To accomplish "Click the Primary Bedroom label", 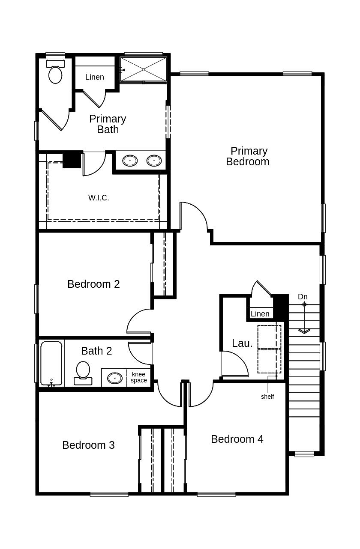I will [x=248, y=156].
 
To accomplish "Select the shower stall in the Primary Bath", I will [x=143, y=69].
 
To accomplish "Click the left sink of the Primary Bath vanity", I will [x=130, y=161].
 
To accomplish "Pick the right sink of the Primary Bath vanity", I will [x=154, y=161].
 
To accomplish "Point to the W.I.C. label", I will [x=99, y=198].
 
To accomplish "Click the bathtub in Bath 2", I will [x=51, y=363].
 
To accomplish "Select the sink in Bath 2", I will [x=114, y=378].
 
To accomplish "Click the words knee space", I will [x=139, y=377].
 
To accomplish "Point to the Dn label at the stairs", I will [x=303, y=297].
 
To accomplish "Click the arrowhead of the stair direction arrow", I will [x=304, y=331].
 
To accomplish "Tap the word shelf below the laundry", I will [x=267, y=397].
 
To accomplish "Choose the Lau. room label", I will [x=242, y=343].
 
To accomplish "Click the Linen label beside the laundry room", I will [x=260, y=314].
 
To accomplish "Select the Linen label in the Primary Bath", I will [x=94, y=77].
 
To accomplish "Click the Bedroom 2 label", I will [x=93, y=284].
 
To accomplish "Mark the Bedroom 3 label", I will [x=88, y=445].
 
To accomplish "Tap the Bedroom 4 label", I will [x=237, y=439].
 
